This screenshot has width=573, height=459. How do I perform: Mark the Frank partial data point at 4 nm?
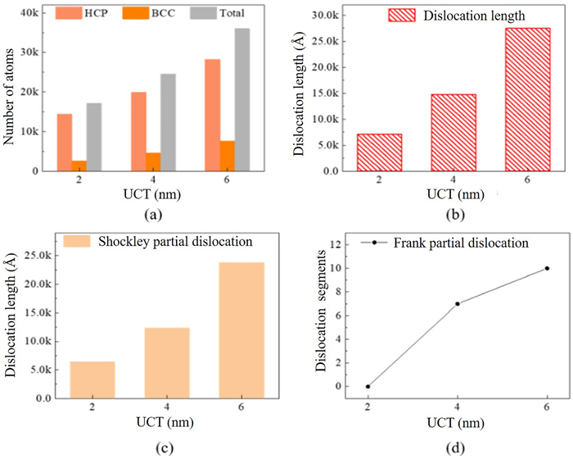pyautogui.click(x=457, y=303)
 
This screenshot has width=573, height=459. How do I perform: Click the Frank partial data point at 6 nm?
pyautogui.click(x=546, y=268)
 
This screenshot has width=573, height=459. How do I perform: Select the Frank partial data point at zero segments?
pyautogui.click(x=368, y=386)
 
